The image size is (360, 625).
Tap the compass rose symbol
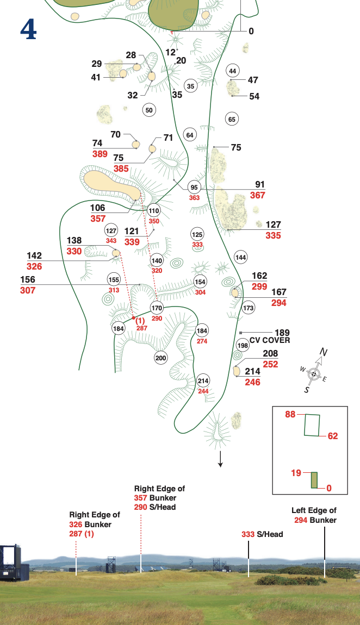[x=314, y=374]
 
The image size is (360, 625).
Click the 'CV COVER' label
[x=270, y=341]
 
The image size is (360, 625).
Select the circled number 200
[x=160, y=358]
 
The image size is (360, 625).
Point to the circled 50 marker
[x=149, y=110]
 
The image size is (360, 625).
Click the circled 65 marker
[x=232, y=119]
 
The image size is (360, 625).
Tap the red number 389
[x=100, y=154]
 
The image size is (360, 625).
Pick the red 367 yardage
[x=258, y=196]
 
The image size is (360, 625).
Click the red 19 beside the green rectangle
[x=296, y=473]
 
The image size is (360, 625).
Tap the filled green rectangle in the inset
[x=314, y=480]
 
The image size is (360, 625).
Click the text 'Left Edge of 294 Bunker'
[x=314, y=515]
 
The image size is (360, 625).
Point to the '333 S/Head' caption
[x=262, y=535]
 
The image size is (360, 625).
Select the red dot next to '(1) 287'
[x=133, y=317]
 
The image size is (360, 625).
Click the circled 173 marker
[x=249, y=308]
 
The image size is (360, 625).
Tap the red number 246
[x=253, y=382]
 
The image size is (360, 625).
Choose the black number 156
[x=28, y=280]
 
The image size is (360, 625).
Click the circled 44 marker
[x=233, y=71]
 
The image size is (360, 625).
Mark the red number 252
[x=270, y=365]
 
